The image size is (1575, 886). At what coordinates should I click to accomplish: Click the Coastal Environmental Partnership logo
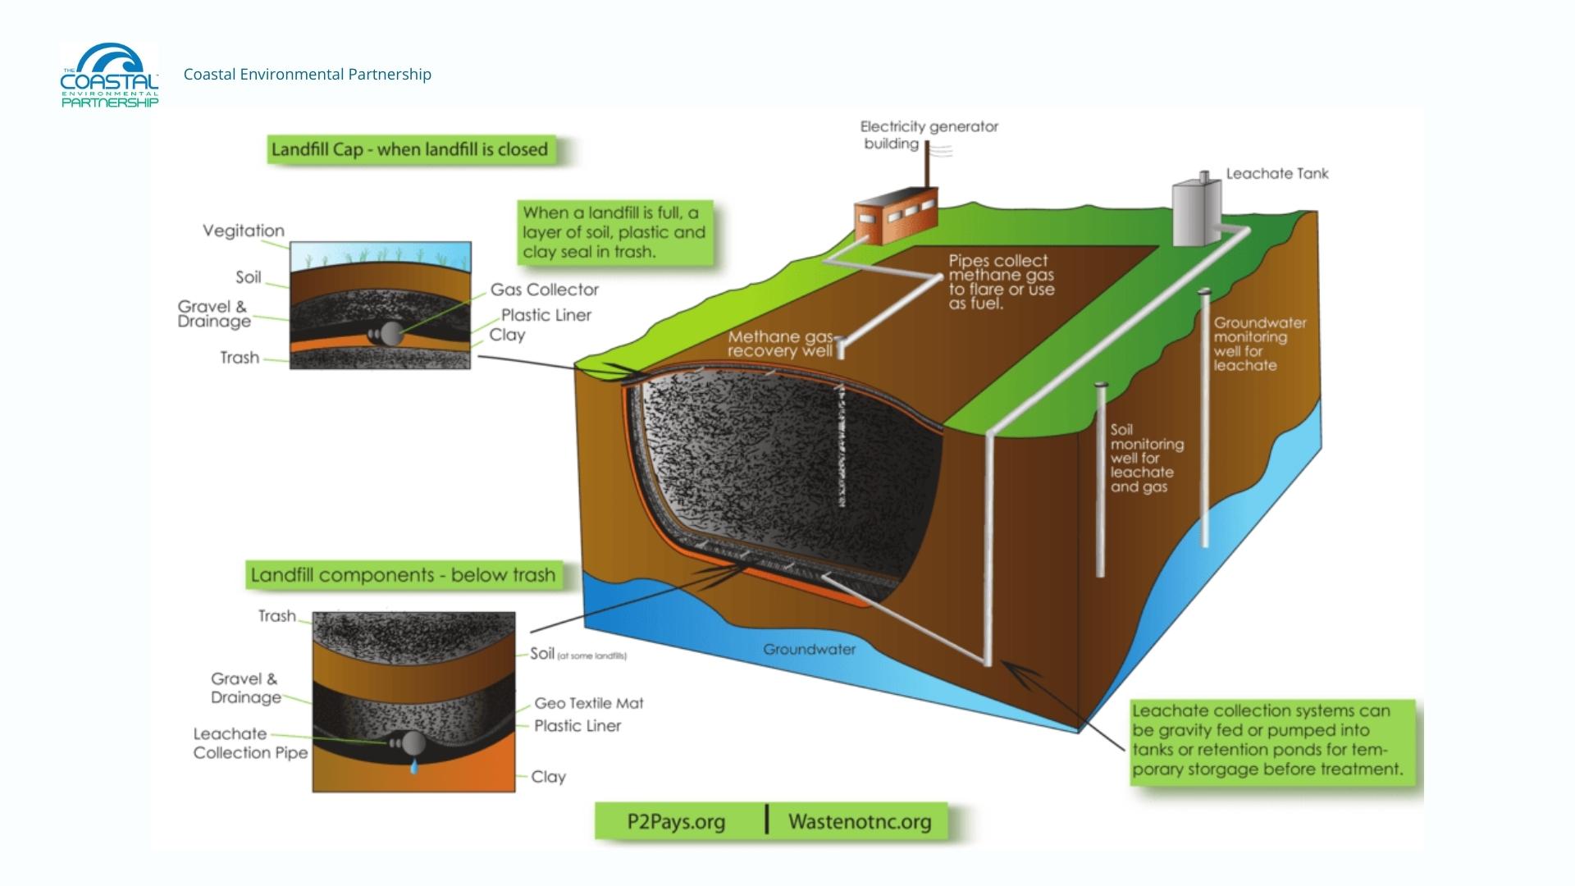tap(109, 75)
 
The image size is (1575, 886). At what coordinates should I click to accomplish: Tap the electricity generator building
tap(895, 214)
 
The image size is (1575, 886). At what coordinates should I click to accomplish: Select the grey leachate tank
tap(1196, 213)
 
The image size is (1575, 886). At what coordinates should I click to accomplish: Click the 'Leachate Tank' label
tap(1276, 174)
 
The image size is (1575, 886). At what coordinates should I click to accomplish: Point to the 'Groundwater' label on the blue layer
tap(809, 650)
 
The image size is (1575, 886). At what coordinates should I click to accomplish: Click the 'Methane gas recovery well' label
tap(780, 344)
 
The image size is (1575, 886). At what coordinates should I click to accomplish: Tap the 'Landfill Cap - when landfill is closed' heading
tap(409, 149)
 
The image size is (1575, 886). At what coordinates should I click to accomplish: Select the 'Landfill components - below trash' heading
tap(404, 575)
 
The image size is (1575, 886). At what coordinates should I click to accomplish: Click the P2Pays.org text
tap(676, 822)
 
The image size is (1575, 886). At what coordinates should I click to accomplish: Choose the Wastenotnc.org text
tap(860, 822)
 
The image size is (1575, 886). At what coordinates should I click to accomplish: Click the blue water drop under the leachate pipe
tap(413, 767)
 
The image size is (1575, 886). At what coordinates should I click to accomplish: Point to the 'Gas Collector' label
tap(545, 290)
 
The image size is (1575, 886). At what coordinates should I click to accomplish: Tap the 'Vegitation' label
tap(244, 231)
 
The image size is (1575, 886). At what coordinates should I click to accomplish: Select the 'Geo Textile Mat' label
tap(589, 703)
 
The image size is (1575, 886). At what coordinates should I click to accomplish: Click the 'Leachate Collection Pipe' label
tap(250, 743)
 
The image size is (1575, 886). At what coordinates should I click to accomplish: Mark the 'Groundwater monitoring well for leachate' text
tap(1259, 344)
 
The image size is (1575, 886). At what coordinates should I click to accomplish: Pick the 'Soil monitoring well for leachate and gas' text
tap(1146, 458)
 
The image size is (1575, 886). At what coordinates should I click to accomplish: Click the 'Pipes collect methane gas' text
tap(1001, 281)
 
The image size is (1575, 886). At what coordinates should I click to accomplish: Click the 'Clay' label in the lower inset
tap(548, 776)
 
